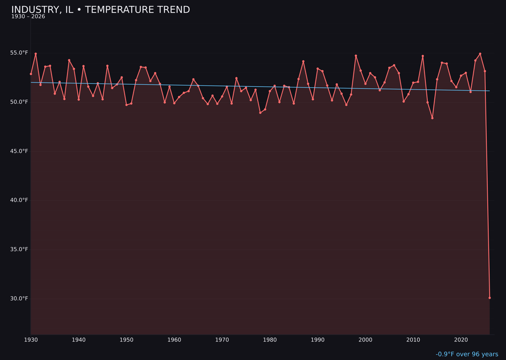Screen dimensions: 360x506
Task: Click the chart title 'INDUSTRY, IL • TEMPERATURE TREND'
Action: pyautogui.click(x=100, y=10)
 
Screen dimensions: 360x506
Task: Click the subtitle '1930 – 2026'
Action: pyautogui.click(x=28, y=17)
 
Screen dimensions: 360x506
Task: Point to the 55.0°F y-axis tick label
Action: pyautogui.click(x=20, y=53)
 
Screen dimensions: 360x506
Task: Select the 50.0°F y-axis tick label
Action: pyautogui.click(x=20, y=102)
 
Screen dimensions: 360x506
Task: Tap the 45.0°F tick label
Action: pyautogui.click(x=20, y=151)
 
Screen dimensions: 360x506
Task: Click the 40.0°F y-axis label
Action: pyautogui.click(x=20, y=200)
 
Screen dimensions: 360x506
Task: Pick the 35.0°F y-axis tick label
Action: pyautogui.click(x=20, y=249)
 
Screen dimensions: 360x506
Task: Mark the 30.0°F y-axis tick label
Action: pyautogui.click(x=20, y=299)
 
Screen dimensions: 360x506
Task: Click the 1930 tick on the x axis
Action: pyautogui.click(x=31, y=340)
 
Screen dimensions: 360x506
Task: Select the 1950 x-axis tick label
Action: pyautogui.click(x=126, y=340)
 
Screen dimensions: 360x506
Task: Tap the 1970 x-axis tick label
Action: pyautogui.click(x=222, y=340)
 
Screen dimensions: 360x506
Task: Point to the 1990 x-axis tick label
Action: pyautogui.click(x=318, y=340)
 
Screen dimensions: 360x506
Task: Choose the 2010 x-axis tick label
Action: pyautogui.click(x=413, y=340)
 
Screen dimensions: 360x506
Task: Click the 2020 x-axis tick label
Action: pyautogui.click(x=461, y=340)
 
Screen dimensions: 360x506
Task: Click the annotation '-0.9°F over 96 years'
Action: pyautogui.click(x=467, y=354)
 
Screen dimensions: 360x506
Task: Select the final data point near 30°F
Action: pyautogui.click(x=490, y=298)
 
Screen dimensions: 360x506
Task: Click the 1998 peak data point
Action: pyautogui.click(x=356, y=56)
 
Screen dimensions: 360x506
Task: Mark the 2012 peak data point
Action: pyautogui.click(x=423, y=56)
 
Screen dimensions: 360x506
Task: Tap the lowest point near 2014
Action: pyautogui.click(x=432, y=118)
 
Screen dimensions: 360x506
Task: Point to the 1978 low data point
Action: pyautogui.click(x=260, y=112)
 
